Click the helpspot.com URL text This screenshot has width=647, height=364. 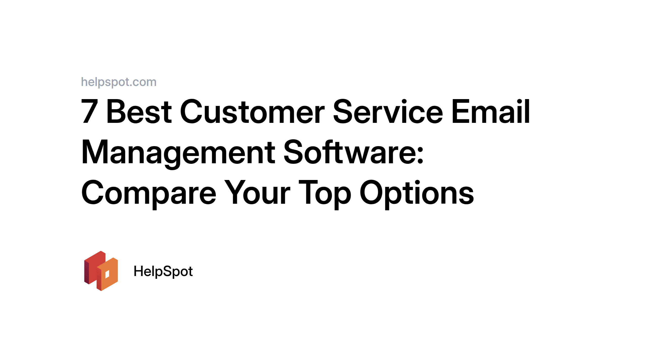click(119, 82)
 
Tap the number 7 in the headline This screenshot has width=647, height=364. click(89, 111)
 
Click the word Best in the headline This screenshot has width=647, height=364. click(139, 111)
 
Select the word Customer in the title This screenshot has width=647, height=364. click(252, 111)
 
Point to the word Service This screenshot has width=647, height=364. click(388, 111)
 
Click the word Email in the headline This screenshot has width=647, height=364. click(490, 111)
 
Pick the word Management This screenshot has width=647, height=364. click(178, 152)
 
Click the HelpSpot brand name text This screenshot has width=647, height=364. click(163, 271)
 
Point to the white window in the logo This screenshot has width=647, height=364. click(107, 274)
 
